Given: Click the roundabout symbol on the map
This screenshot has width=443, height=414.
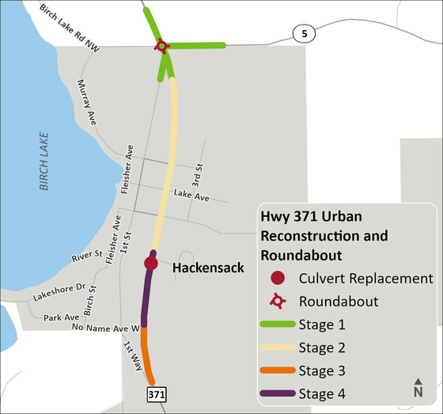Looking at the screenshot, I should click(x=162, y=46).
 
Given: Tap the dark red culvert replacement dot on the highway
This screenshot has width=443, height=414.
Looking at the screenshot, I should click(x=151, y=263).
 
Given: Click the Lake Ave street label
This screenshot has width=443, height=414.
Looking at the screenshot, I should click(x=191, y=194).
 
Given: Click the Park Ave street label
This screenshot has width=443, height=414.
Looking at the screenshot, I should click(x=61, y=317).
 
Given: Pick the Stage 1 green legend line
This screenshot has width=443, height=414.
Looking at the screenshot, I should click(x=277, y=325).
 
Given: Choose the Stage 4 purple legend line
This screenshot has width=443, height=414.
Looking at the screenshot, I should click(x=277, y=394).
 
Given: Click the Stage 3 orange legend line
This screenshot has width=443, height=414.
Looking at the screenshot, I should click(x=277, y=371).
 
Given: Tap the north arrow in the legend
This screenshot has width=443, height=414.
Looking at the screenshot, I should click(x=418, y=387).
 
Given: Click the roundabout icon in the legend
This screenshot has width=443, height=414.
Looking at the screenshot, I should click(x=277, y=301).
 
